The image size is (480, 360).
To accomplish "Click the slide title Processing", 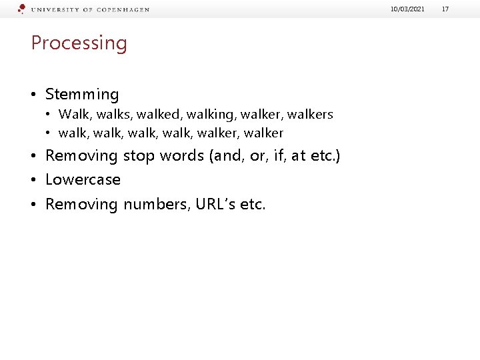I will coord(79,43).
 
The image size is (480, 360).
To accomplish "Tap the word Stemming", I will coord(82,95).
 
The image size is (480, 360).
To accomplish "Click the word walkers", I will coord(310,115).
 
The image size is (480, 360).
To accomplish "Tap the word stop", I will coord(139,156).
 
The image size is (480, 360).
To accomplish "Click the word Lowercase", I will coord(83,180).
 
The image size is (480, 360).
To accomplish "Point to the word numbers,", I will coord(157,204).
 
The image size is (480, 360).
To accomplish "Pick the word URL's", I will coord(215,204).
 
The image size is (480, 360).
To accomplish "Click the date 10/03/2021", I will coord(409,9).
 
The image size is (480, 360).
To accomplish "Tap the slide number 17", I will coord(446,9).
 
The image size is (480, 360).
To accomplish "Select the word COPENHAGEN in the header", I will coord(123,10).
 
